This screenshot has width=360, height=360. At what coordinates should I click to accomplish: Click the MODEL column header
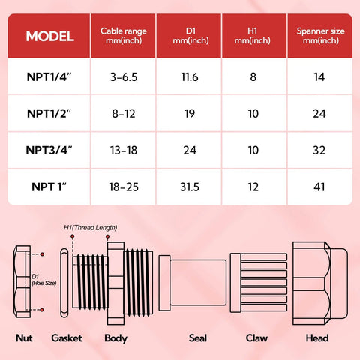point(49,37)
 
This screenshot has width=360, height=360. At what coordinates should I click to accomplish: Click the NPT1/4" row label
point(49,76)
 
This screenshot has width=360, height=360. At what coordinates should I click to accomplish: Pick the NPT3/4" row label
point(49,149)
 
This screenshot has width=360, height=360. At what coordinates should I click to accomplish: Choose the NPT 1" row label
point(49,187)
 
